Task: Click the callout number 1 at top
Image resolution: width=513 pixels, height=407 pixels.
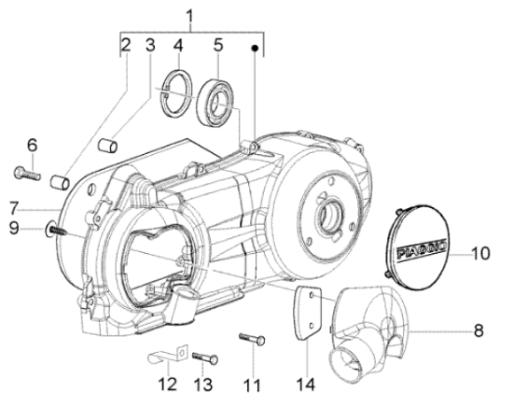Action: click(x=189, y=17)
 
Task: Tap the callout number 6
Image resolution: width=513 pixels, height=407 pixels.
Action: click(x=32, y=145)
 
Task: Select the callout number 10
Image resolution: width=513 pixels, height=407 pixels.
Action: click(x=480, y=253)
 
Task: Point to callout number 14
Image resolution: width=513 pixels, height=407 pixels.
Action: click(x=306, y=384)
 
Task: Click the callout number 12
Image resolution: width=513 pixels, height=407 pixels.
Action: click(x=168, y=384)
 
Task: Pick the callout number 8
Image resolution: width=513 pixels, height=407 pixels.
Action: click(x=478, y=330)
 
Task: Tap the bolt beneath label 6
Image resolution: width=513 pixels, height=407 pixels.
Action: click(x=27, y=174)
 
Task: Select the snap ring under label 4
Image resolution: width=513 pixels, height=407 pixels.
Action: click(x=176, y=93)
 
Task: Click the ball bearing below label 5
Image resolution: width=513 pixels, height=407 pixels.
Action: click(x=215, y=102)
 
